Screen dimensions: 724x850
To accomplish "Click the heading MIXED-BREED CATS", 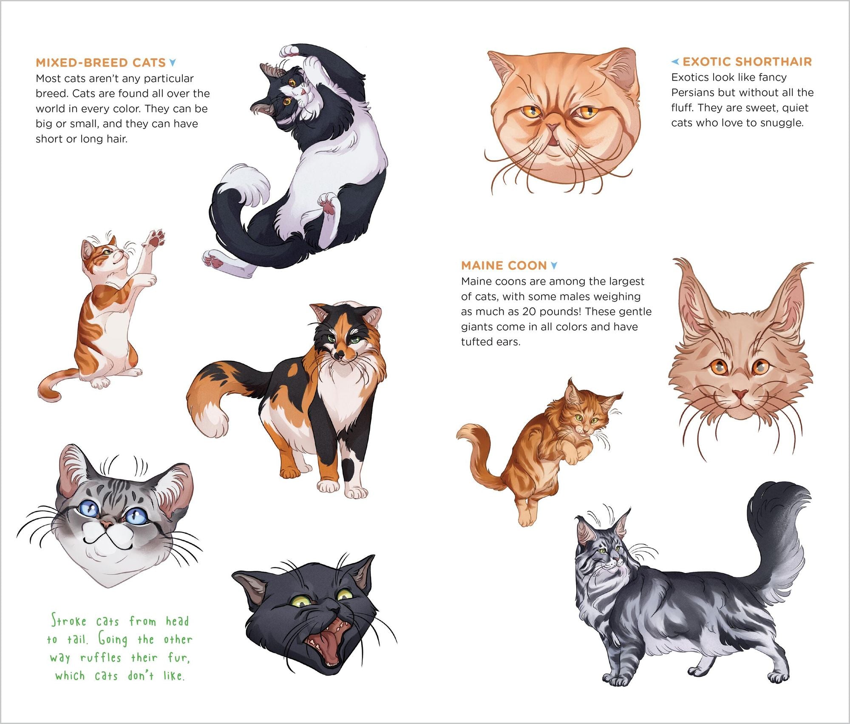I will pyautogui.click(x=100, y=63).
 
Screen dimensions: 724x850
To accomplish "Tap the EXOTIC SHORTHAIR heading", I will pyautogui.click(x=747, y=62).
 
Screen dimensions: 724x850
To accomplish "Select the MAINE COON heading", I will pyautogui.click(x=504, y=266).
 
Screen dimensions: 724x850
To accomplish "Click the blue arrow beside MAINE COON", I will pyautogui.click(x=554, y=266).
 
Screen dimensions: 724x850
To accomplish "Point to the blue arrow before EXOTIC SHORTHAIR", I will pyautogui.click(x=675, y=62).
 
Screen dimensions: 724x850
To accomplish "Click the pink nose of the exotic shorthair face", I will pyautogui.click(x=553, y=126).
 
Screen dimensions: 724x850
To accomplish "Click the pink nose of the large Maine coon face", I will pyautogui.click(x=740, y=394).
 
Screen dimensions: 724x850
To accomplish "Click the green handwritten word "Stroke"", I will pyautogui.click(x=69, y=621).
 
